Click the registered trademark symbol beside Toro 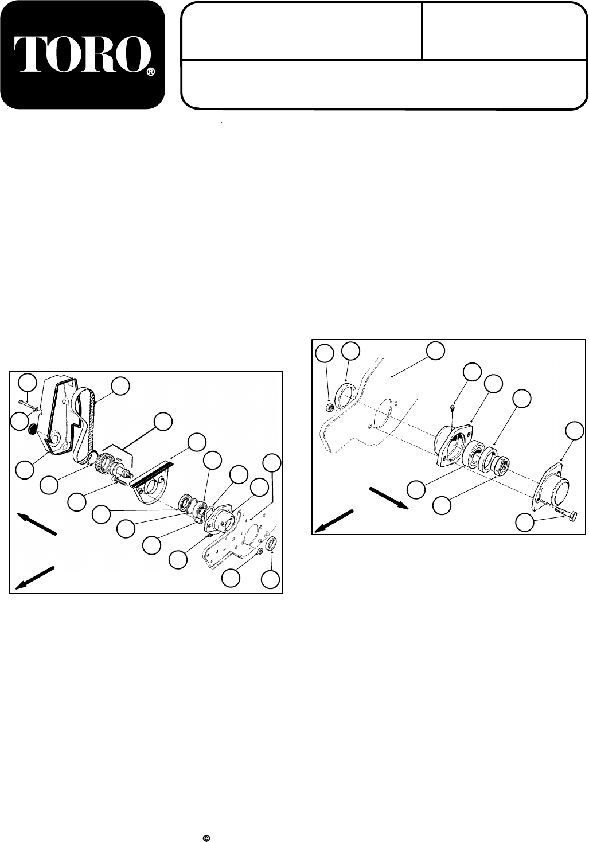coord(150,72)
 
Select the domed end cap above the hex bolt coord(552,488)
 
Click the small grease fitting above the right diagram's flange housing coord(453,407)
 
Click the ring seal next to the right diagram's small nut coord(347,396)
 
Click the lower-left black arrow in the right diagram coord(334,521)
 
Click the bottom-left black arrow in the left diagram coord(36,577)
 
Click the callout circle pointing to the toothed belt coord(120,387)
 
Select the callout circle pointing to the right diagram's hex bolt coord(524,523)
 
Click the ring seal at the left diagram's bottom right coord(272,545)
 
